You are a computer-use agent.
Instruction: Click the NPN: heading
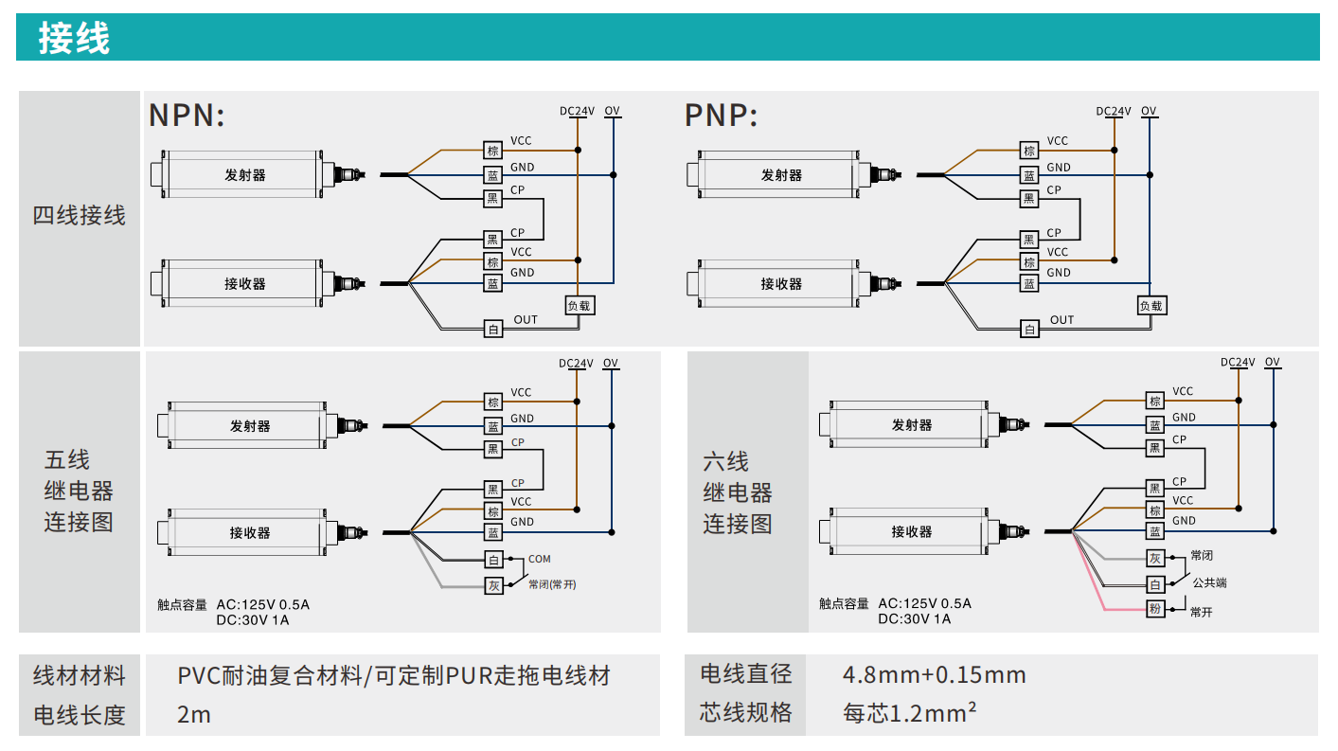tap(187, 116)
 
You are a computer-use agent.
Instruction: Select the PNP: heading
tap(721, 116)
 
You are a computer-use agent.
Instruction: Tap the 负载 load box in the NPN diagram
tap(579, 306)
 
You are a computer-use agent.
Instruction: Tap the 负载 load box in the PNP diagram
tap(1151, 306)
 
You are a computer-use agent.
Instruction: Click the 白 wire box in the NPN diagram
tap(492, 329)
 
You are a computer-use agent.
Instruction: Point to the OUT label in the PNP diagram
tap(1062, 320)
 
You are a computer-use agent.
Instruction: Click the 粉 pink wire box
tap(1154, 609)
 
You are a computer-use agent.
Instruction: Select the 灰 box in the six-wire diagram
tap(1154, 559)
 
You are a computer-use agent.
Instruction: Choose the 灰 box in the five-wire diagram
tap(492, 585)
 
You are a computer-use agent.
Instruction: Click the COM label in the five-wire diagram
tap(539, 559)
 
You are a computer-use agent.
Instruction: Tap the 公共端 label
tap(1209, 582)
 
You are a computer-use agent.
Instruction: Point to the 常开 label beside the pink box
tap(1201, 613)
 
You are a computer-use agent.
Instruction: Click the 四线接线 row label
tap(80, 216)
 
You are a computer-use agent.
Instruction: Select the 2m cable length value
tap(194, 714)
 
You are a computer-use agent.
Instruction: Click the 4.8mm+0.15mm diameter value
tap(934, 675)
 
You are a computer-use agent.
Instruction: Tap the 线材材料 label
tap(80, 676)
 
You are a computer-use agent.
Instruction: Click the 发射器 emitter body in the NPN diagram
tap(244, 175)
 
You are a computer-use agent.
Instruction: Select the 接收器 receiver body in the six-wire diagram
tap(911, 532)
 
